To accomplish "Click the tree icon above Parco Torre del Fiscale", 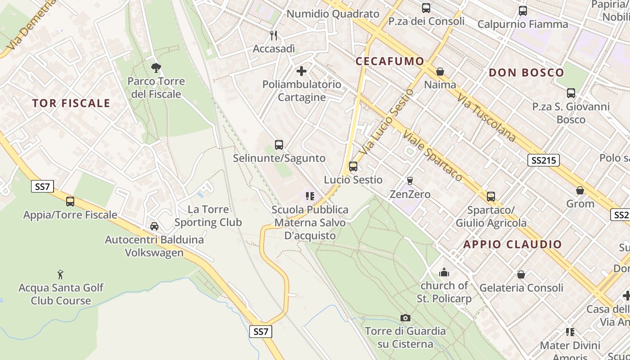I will pos(156,68).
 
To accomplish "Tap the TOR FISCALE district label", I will pos(71,103).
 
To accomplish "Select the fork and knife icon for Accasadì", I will pos(274,35).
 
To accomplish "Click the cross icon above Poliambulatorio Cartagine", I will pos(301,71).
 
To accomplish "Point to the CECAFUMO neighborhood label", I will pos(390,61).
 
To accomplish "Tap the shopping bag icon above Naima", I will pos(440,72).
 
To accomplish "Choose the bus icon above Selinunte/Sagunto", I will pos(279,145).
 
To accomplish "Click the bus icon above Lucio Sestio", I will pos(353,166).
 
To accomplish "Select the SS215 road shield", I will pos(543,160).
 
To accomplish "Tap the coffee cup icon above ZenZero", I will pos(409,181).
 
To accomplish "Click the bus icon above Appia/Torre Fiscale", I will pos(70,202).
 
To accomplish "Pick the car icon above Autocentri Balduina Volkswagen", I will pos(154,226).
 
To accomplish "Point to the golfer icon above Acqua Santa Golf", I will pos(61,274).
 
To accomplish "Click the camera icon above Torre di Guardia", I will pos(405,318).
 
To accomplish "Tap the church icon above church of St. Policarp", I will pos(444,272).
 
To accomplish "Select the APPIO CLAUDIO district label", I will pos(513,244).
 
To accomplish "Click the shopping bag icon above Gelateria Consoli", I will pos(521,274).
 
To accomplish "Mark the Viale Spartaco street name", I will pos(432,156).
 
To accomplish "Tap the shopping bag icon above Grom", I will pos(580,190).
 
